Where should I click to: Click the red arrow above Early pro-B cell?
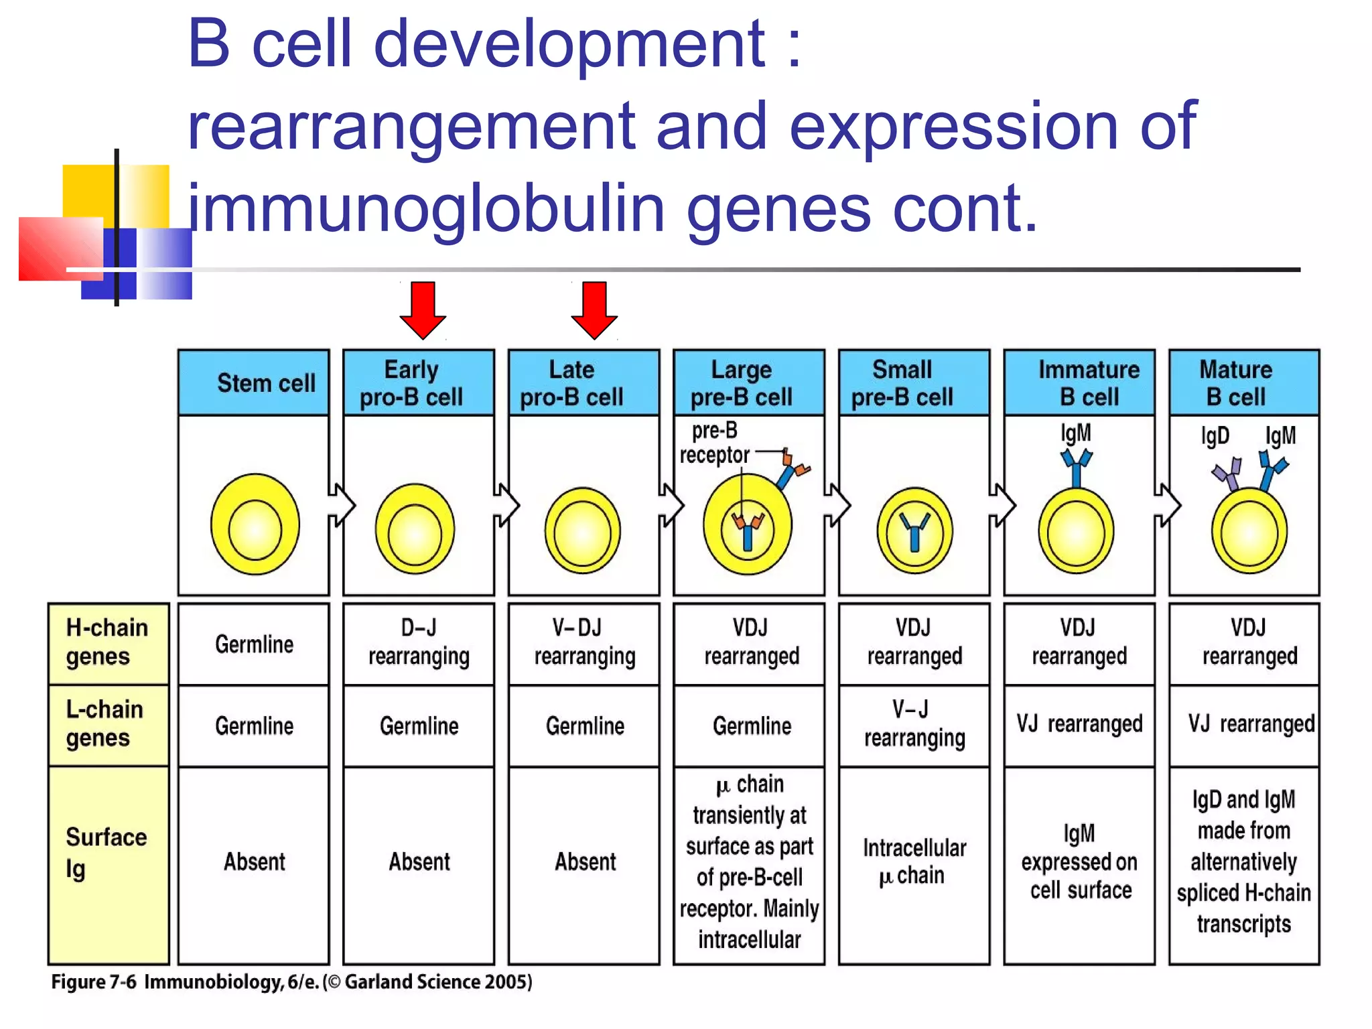pos(423,310)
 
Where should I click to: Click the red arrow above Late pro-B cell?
pos(594,310)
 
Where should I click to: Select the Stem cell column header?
pos(254,383)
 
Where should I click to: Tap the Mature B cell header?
pos(1244,383)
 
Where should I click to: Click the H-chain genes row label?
pos(108,642)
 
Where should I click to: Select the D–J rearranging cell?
pos(419,642)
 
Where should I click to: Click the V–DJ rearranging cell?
pos(584,642)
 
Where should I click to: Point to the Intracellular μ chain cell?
pos(914,862)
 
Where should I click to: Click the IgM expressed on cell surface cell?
pos(1079,862)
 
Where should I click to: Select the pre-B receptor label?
pos(714,443)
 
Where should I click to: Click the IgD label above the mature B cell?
pos(1215,436)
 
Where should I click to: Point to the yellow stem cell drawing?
pos(255,525)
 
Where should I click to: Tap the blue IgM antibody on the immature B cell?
pos(1077,467)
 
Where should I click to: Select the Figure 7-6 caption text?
pos(291,982)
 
